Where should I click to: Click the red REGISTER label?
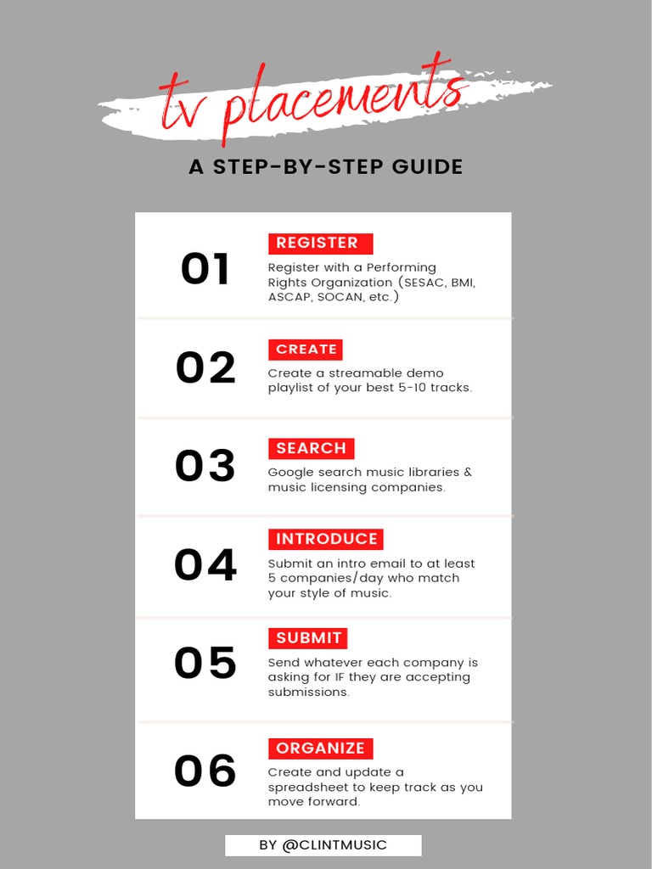click(320, 244)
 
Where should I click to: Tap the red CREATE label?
click(306, 350)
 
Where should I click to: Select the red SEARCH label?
click(311, 449)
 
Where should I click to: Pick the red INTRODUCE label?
click(326, 540)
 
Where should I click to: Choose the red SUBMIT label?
click(308, 638)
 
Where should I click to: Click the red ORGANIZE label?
click(320, 748)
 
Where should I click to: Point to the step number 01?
click(205, 270)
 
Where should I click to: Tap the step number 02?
click(205, 368)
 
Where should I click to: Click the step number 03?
click(205, 466)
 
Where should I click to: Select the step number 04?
click(205, 565)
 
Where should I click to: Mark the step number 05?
click(205, 664)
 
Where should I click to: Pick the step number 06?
click(205, 771)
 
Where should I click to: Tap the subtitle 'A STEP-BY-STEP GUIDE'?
click(326, 167)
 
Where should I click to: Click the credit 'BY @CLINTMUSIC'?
click(323, 845)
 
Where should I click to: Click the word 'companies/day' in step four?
click(322, 578)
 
